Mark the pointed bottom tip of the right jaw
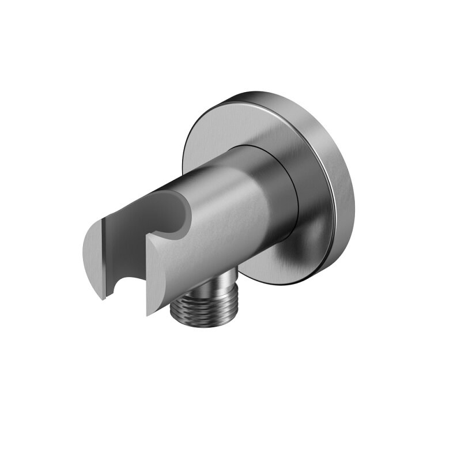coord(149,315)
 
